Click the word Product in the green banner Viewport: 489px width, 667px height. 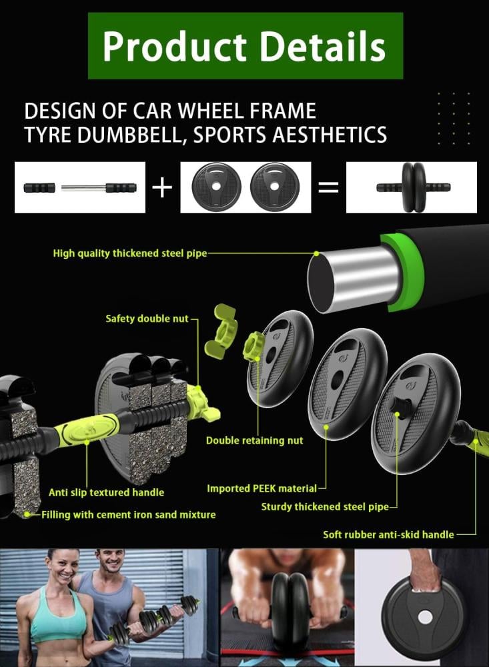point(175,47)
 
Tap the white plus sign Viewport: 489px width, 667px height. point(162,187)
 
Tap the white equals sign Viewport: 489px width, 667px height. point(328,187)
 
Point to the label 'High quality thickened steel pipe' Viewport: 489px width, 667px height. point(130,253)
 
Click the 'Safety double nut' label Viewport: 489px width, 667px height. point(147,319)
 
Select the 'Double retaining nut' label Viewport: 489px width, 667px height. point(254,440)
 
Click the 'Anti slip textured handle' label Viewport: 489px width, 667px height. point(106,493)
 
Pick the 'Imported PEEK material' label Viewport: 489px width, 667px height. point(262,488)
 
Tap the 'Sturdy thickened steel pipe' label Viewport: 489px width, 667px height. point(325,507)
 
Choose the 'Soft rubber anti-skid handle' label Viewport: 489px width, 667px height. point(388,535)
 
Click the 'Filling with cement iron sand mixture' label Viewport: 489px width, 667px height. point(129,515)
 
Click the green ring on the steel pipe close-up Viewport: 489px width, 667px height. point(402,272)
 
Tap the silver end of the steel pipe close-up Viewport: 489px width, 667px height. point(353,279)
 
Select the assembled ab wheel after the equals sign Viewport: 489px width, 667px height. point(413,187)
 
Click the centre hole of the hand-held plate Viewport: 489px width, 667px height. point(425,617)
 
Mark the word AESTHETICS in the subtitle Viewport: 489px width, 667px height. point(330,135)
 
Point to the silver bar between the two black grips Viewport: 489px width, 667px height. point(83,187)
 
